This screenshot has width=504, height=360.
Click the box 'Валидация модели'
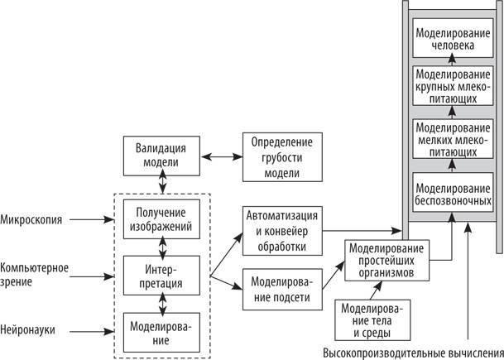point(166,155)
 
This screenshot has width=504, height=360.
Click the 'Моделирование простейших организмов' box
point(386,260)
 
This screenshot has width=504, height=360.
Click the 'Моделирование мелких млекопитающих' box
point(453,140)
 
